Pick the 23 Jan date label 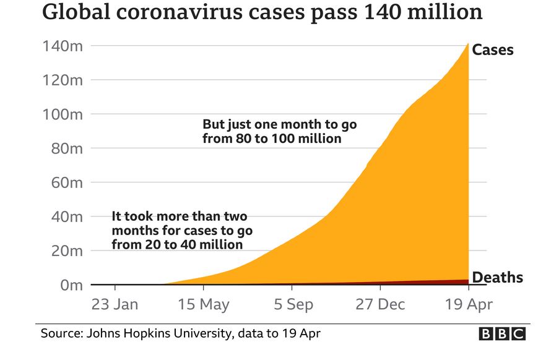(x=115, y=304)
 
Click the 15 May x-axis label (x=203, y=304)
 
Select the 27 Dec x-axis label (x=379, y=304)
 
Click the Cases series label (x=493, y=49)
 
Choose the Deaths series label (x=497, y=278)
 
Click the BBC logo (x=502, y=334)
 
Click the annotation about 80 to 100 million (x=279, y=131)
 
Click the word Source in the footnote (x=59, y=334)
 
